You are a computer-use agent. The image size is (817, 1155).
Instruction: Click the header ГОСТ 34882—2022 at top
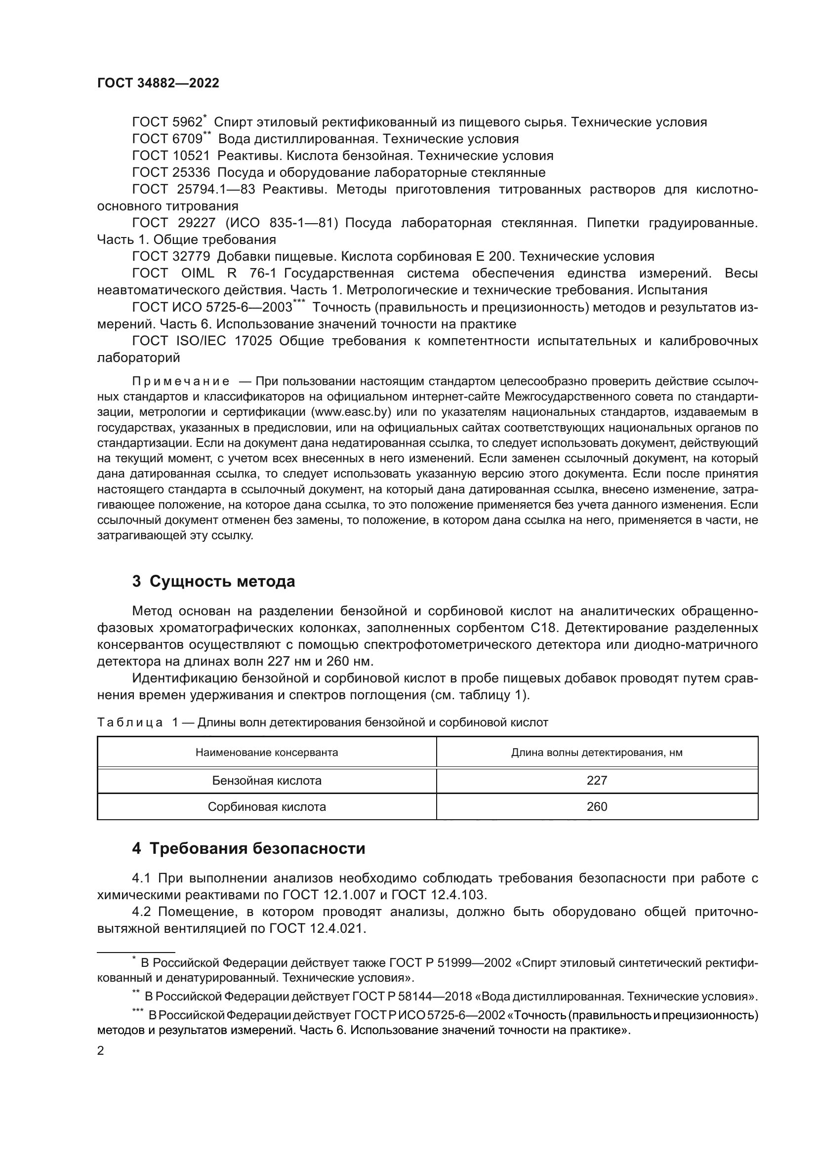(x=158, y=83)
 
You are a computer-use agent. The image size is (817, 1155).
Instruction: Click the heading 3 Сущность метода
(x=213, y=582)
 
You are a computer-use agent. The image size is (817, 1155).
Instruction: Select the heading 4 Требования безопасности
(x=248, y=849)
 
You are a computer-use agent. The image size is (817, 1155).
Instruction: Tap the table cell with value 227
(x=597, y=780)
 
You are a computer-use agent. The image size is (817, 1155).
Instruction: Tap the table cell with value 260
(x=597, y=806)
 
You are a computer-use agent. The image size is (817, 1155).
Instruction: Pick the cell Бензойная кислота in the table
(x=267, y=780)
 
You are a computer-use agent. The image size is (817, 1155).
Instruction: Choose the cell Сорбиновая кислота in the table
(x=267, y=806)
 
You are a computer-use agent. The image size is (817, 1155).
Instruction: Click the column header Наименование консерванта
(x=267, y=753)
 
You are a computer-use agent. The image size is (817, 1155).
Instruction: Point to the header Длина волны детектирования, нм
(x=597, y=753)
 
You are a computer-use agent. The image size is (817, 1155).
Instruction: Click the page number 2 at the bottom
(x=101, y=1050)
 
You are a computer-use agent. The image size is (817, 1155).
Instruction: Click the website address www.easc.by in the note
(x=351, y=412)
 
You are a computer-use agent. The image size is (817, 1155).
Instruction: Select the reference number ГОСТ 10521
(x=170, y=156)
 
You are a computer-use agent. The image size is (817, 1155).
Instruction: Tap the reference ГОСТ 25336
(x=170, y=172)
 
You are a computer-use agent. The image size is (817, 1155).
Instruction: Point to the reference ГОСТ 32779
(x=170, y=257)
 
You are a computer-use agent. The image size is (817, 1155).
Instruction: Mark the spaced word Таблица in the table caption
(x=130, y=723)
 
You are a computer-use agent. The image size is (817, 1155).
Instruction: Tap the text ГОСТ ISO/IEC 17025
(x=202, y=341)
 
